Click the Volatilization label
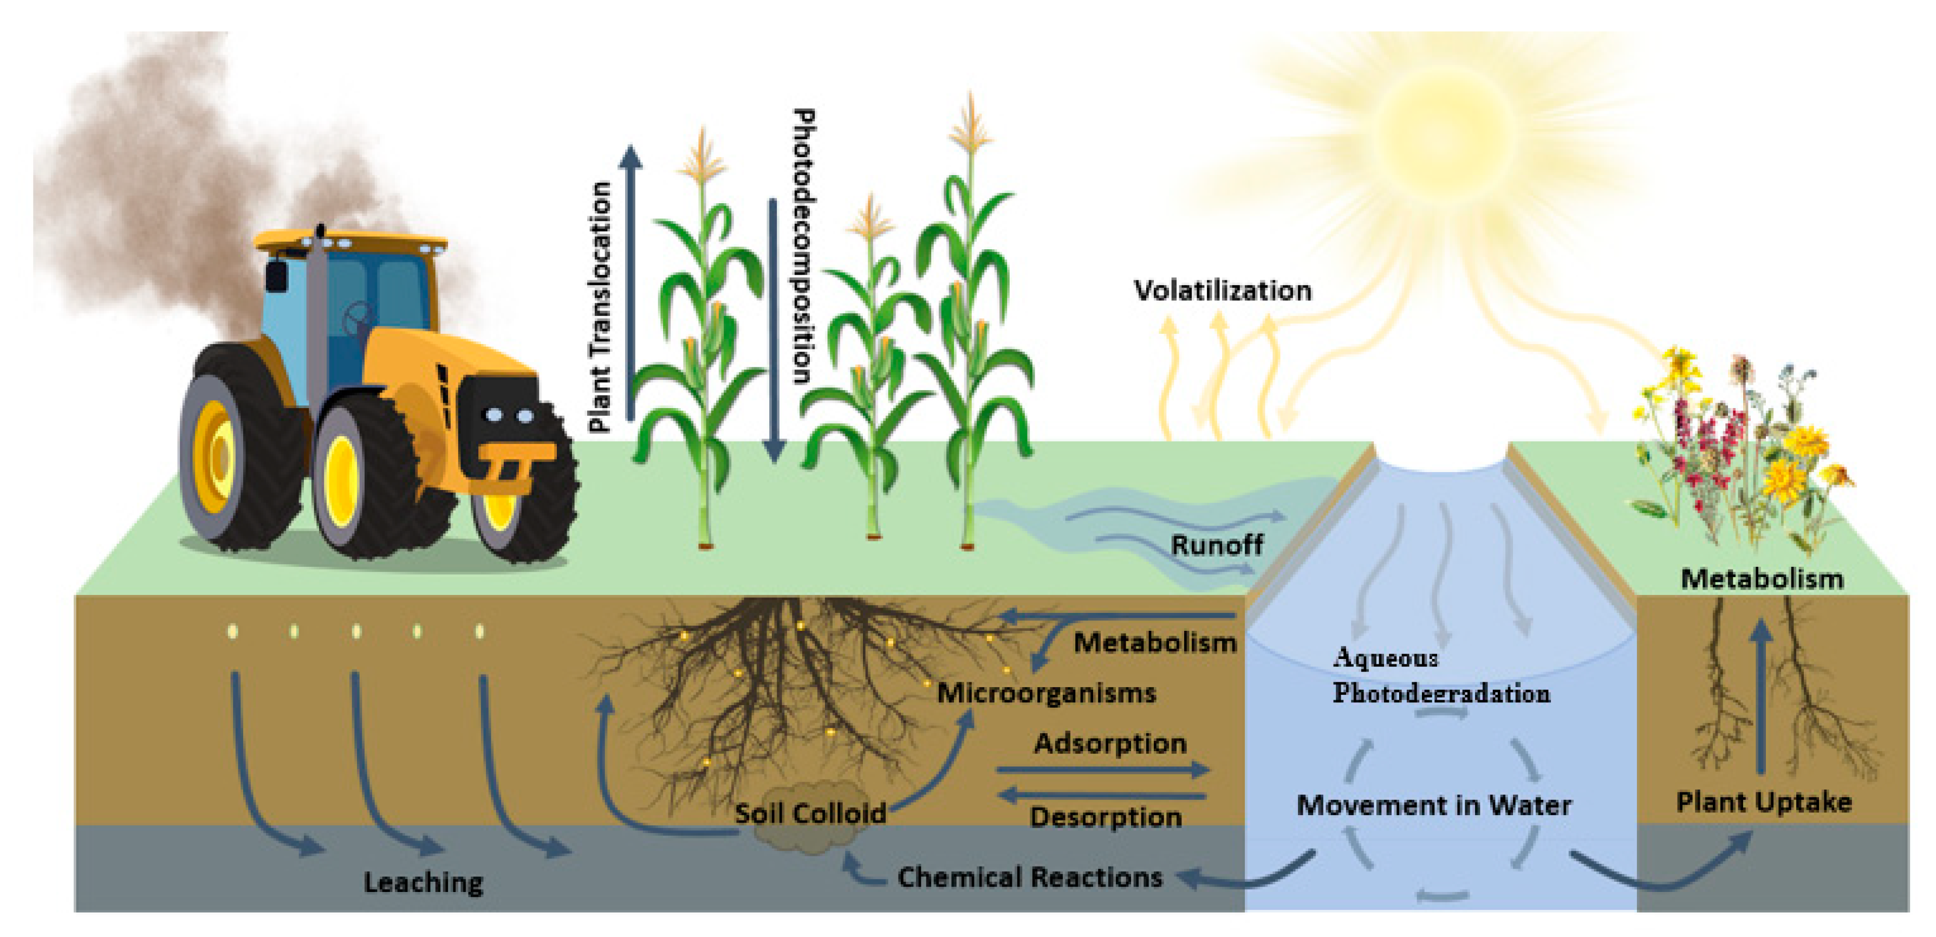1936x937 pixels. point(1222,290)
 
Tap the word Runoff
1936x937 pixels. point(1217,545)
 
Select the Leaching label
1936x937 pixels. point(423,882)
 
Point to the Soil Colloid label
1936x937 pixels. point(809,813)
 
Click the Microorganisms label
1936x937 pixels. point(1045,693)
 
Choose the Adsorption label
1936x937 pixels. point(1110,743)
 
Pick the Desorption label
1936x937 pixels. point(1106,817)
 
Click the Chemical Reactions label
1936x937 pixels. point(1030,877)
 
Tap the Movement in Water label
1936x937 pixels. point(1433,805)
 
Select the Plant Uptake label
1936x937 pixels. point(1763,802)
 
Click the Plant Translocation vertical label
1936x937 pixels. point(599,307)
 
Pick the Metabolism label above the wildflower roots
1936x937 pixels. point(1761,579)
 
